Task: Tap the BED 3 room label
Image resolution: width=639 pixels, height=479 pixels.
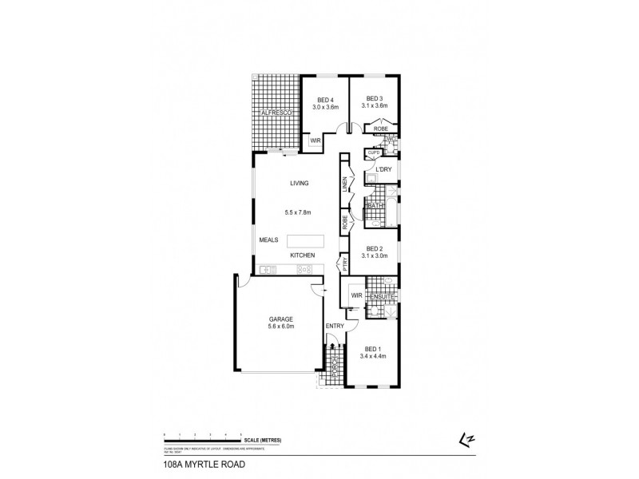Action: [x=375, y=98]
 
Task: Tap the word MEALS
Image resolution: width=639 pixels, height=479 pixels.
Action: [x=268, y=240]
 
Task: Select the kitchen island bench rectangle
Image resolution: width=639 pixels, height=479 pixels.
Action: [x=307, y=240]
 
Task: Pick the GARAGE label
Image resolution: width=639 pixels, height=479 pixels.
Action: [x=280, y=319]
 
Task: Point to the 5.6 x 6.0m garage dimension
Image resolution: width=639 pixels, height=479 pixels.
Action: [x=280, y=327]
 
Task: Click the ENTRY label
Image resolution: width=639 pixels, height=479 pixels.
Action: [x=334, y=327]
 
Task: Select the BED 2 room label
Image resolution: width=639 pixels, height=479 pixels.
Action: [x=375, y=248]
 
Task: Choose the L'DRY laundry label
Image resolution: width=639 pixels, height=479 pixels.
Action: [x=375, y=175]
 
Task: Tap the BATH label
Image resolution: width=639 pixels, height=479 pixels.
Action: [x=375, y=206]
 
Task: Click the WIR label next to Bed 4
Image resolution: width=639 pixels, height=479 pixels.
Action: [x=316, y=141]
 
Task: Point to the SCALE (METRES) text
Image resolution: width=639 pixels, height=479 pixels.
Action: [x=264, y=441]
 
